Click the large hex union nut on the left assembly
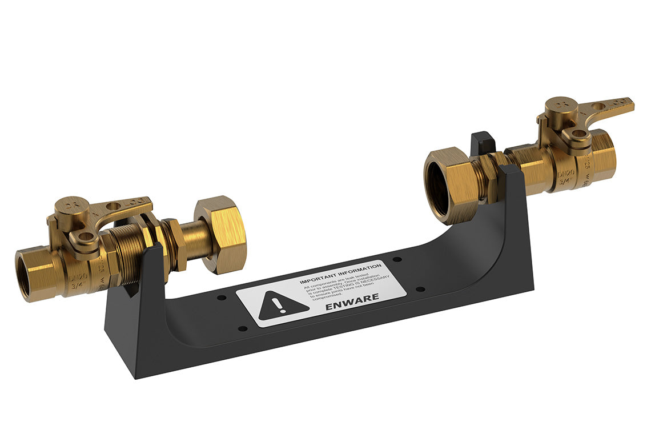[x=221, y=234]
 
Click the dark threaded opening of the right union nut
[x=438, y=188]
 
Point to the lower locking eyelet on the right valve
[x=579, y=134]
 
